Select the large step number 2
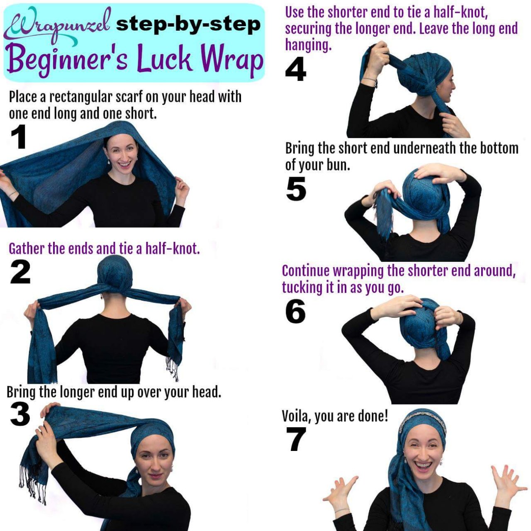coord(20,272)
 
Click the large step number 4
coord(296,69)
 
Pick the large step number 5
coord(296,188)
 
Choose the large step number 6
coord(295,311)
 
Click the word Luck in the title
coord(164,59)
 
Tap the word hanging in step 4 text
coord(308,45)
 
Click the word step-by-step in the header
coord(188,25)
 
